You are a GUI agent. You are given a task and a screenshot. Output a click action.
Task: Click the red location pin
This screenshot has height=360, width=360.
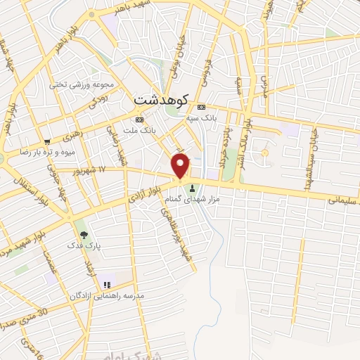181,166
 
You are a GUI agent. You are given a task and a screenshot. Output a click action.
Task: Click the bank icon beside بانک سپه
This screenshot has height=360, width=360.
202,107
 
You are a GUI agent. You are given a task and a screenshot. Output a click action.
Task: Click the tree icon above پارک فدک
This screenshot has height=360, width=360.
84,234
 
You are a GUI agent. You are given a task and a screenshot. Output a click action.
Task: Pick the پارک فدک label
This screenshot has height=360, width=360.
84,246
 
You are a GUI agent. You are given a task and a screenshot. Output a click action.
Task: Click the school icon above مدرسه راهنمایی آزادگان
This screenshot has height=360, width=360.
107,285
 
